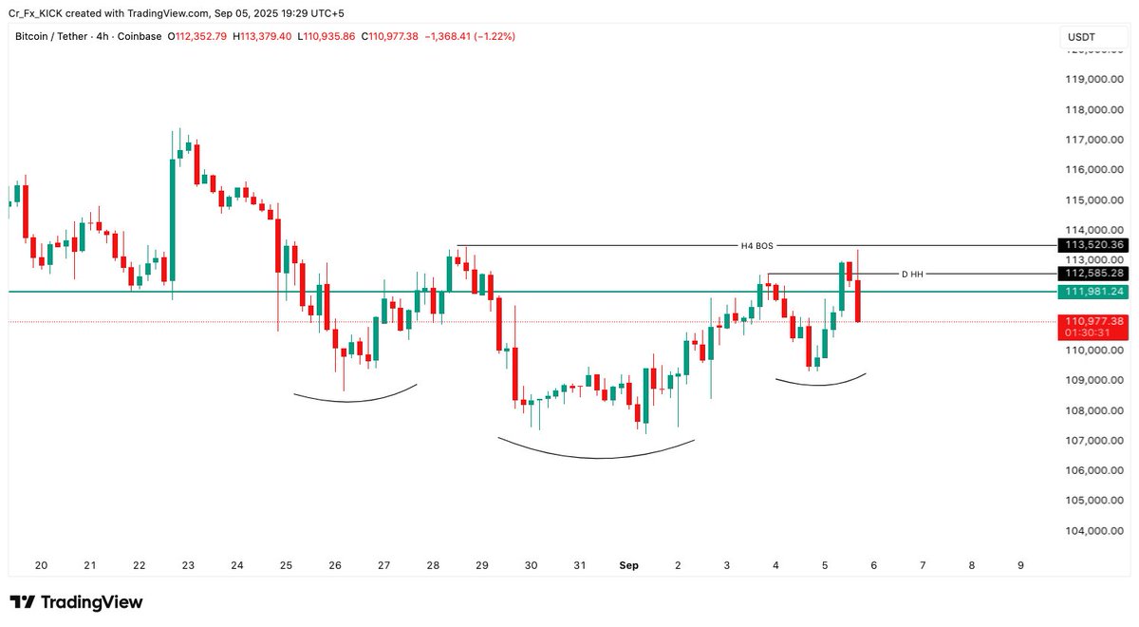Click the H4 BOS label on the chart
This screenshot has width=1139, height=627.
pyautogui.click(x=756, y=246)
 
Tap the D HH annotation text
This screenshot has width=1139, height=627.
pyautogui.click(x=911, y=275)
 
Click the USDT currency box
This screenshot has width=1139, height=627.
pyautogui.click(x=1081, y=37)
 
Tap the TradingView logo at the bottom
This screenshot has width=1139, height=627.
pyautogui.click(x=76, y=602)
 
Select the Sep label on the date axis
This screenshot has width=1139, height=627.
pyautogui.click(x=628, y=565)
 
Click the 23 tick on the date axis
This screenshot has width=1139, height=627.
pyautogui.click(x=188, y=565)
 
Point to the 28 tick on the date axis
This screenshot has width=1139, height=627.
pyautogui.click(x=433, y=565)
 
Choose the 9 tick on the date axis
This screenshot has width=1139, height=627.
pyautogui.click(x=1020, y=565)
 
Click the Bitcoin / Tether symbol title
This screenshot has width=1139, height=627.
pyautogui.click(x=53, y=37)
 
